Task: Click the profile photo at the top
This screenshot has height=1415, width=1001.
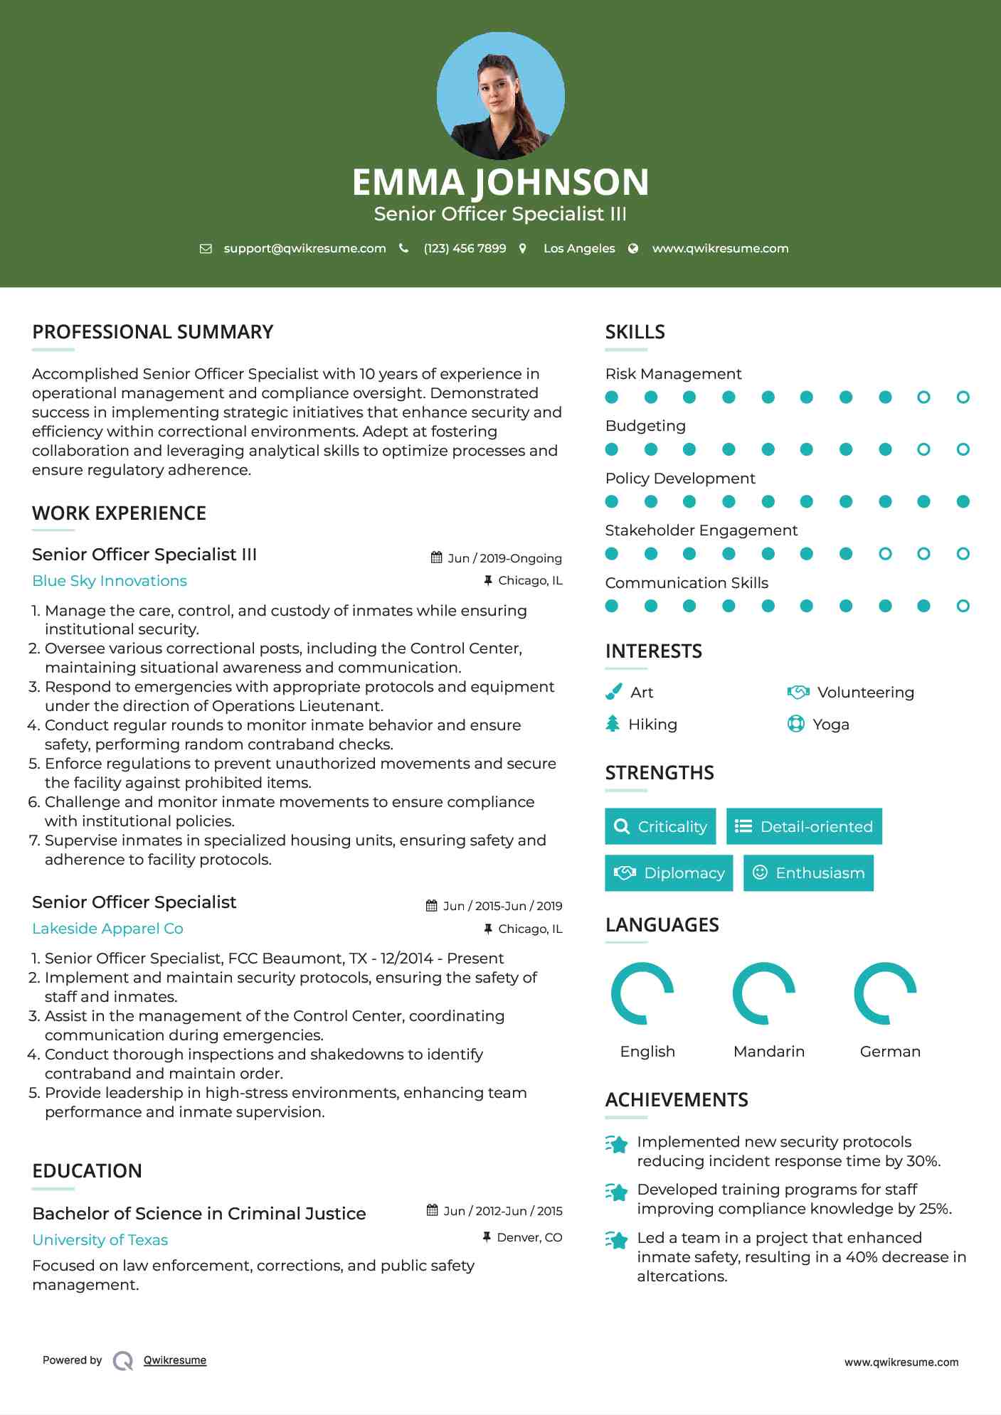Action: click(x=500, y=96)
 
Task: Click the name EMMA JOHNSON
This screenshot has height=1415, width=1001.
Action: click(x=500, y=182)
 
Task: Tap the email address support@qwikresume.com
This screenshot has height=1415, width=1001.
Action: click(x=304, y=249)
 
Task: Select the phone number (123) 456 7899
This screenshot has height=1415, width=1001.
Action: click(x=465, y=249)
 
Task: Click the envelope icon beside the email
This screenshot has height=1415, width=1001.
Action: click(x=206, y=249)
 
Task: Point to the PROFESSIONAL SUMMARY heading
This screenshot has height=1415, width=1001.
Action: click(x=153, y=332)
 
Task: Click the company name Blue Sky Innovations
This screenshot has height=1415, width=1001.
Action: click(x=110, y=581)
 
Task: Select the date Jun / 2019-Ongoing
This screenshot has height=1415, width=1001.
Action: click(x=504, y=558)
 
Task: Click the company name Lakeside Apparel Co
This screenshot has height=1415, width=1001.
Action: click(x=107, y=929)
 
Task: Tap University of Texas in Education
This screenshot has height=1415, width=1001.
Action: click(x=100, y=1240)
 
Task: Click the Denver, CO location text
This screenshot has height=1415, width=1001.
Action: click(x=529, y=1238)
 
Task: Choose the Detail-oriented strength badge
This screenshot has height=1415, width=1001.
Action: click(x=804, y=826)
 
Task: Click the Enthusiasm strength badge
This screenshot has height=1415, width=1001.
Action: click(x=808, y=873)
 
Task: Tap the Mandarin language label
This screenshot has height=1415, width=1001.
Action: click(x=768, y=1052)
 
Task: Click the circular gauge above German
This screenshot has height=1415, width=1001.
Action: click(x=885, y=993)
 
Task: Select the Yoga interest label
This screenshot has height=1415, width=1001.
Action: click(x=831, y=725)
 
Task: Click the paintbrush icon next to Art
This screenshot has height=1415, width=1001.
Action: click(x=613, y=692)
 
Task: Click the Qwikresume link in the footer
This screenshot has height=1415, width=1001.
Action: click(x=175, y=1360)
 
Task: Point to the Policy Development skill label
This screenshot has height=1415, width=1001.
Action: click(x=680, y=479)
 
